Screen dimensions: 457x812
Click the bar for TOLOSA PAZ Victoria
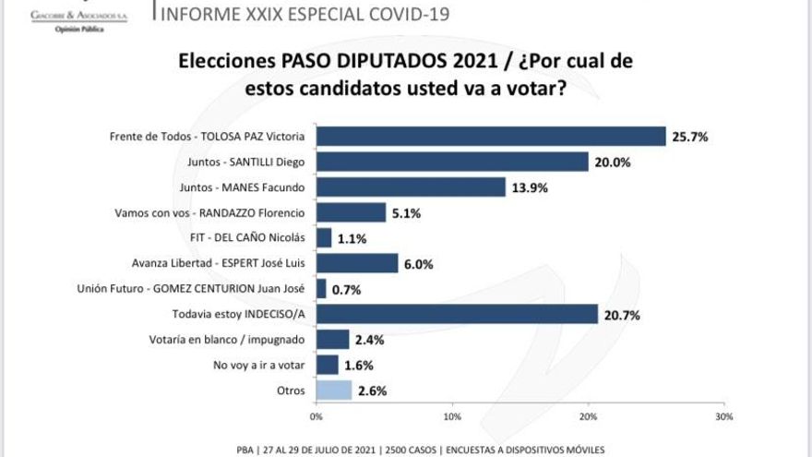491,136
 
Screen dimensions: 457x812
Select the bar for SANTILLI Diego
452,162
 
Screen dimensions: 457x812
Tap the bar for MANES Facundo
411,187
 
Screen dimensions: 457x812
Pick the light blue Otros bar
334,390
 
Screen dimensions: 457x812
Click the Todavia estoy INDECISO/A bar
457,315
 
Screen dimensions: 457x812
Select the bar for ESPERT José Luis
357,263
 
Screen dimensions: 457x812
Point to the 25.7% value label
690,137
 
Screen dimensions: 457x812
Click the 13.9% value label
530,188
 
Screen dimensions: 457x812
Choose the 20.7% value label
622,316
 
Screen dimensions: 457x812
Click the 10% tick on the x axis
452,417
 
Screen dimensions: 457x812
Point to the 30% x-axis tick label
723,417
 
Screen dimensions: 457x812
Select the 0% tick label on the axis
316,417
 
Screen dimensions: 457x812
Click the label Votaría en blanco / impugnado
234,340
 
